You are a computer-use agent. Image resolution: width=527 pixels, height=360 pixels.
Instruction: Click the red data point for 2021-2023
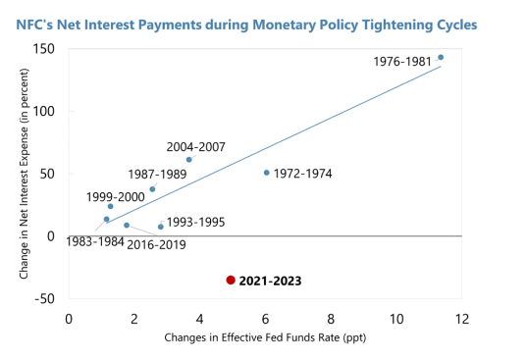click(x=231, y=280)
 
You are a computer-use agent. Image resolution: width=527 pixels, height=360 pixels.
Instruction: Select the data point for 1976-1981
click(x=441, y=57)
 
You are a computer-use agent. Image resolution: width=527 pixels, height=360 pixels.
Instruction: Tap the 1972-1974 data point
click(x=266, y=173)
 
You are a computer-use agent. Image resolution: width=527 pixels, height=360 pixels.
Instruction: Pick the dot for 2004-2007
click(x=189, y=159)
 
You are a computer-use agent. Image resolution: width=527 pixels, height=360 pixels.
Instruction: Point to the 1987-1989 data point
click(x=152, y=188)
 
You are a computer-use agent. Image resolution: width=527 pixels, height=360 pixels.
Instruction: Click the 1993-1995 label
click(x=195, y=222)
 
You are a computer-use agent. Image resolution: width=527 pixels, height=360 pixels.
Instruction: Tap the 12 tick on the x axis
click(x=461, y=319)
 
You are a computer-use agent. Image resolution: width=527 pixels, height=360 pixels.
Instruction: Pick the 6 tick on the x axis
click(x=265, y=319)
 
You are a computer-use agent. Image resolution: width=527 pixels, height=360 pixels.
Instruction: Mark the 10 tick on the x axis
click(x=395, y=319)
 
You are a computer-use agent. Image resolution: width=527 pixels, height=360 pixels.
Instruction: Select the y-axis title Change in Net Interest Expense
click(x=24, y=174)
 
